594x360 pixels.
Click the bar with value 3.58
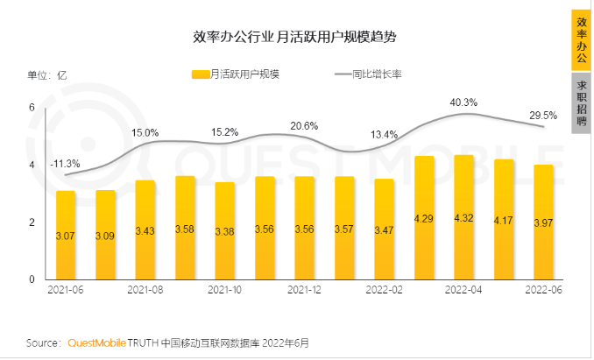point(185,228)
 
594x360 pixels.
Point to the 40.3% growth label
point(463,102)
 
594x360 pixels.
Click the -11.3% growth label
point(65,163)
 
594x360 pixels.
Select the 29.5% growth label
point(543,115)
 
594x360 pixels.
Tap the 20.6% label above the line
point(304,126)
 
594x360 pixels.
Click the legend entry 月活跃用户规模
point(237,74)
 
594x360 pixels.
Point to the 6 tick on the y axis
point(32,108)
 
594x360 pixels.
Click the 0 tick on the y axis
point(32,279)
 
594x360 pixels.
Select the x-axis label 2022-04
point(464,291)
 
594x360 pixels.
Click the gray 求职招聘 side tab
point(579,102)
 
